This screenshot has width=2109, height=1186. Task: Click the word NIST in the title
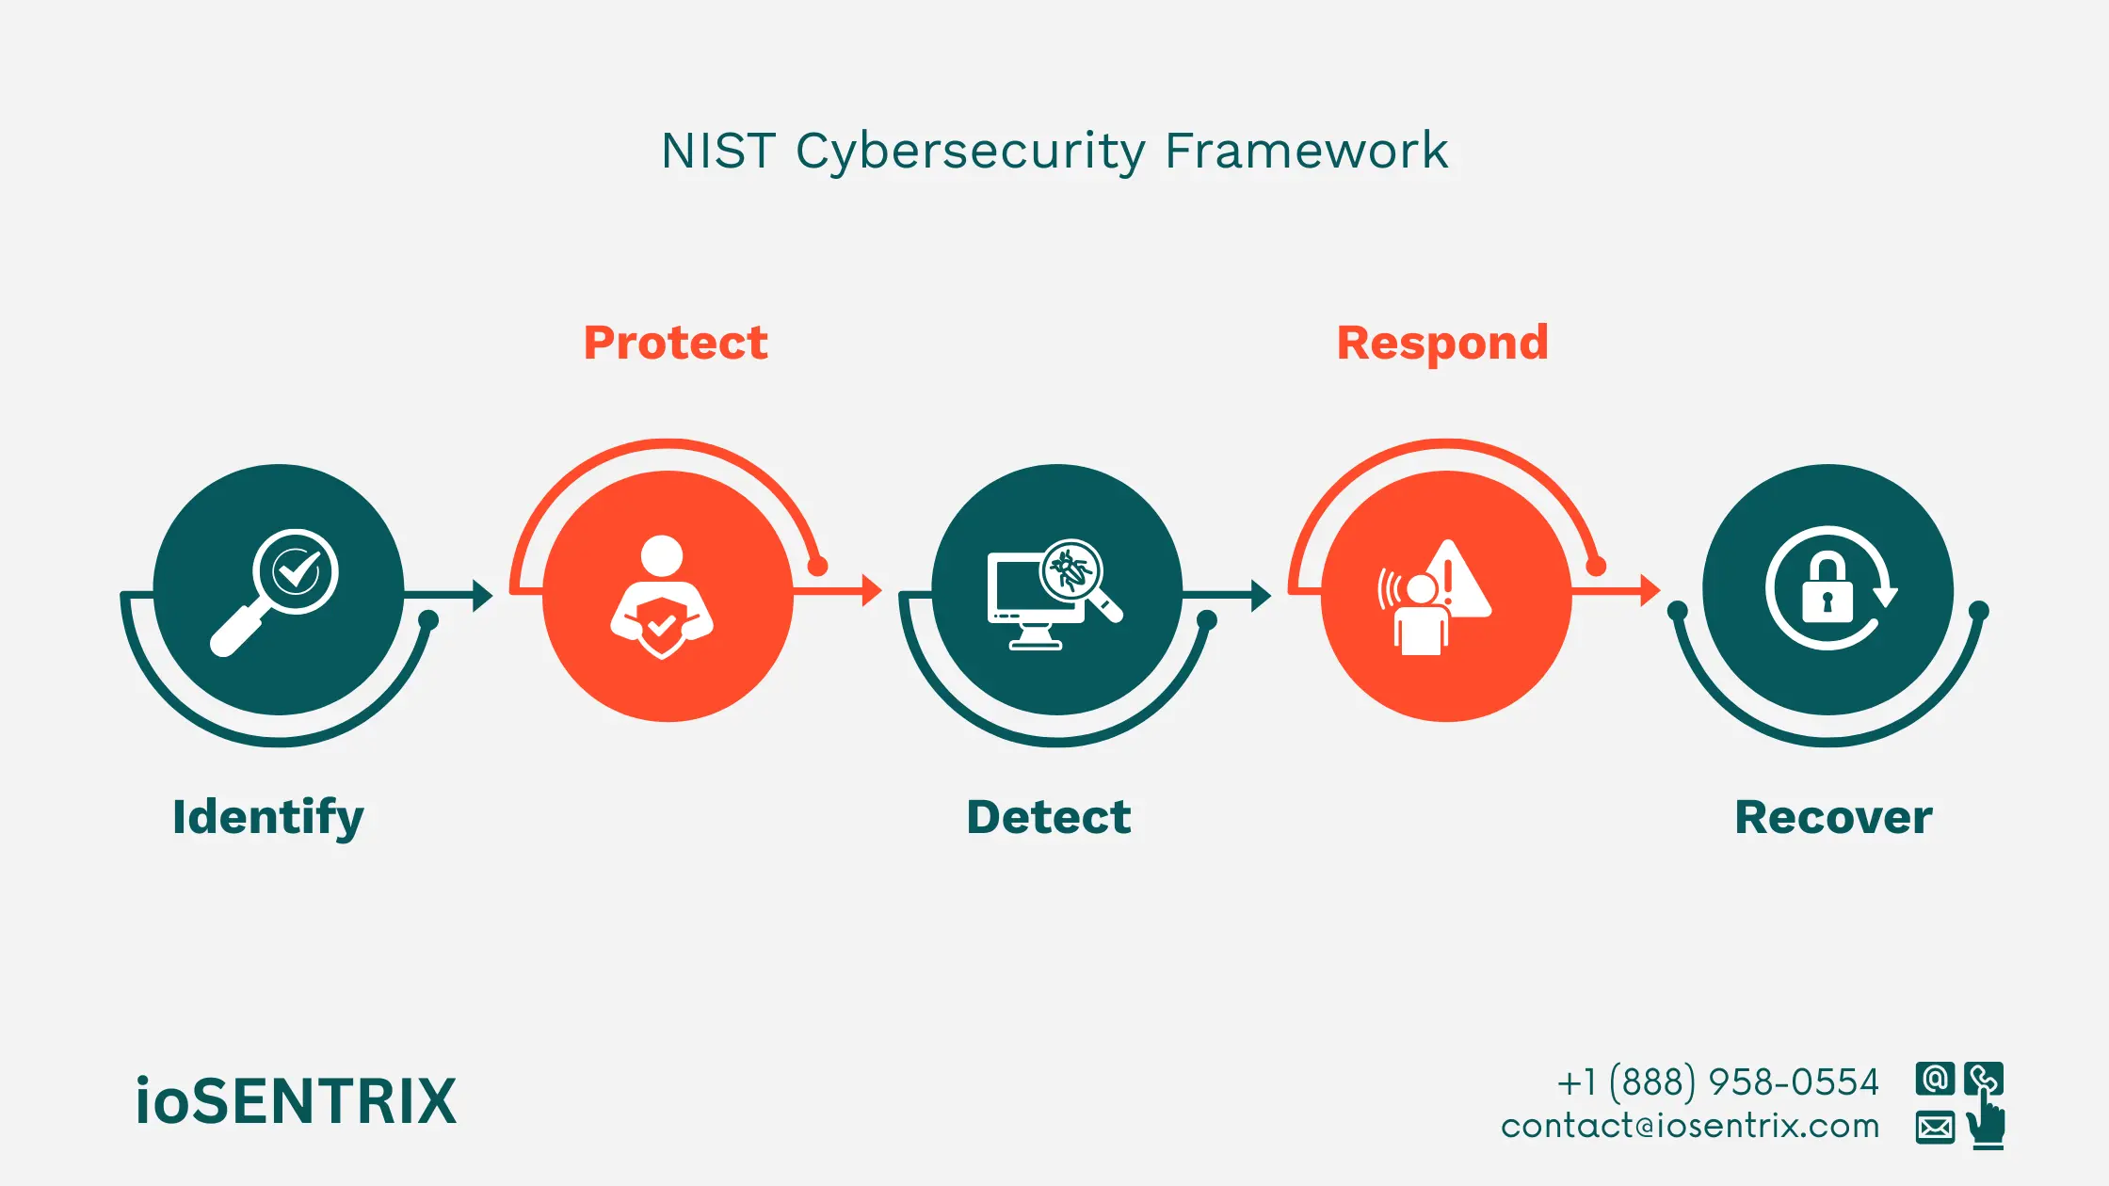pyautogui.click(x=717, y=151)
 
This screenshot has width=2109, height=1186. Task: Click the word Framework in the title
pyautogui.click(x=1306, y=151)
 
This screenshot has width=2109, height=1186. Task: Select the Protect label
pyautogui.click(x=675, y=343)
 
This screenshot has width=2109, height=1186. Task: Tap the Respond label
pyautogui.click(x=1442, y=344)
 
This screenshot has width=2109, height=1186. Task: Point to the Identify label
pyautogui.click(x=267, y=817)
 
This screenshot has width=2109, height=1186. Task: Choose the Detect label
pyautogui.click(x=1049, y=817)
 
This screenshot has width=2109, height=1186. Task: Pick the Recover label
pyautogui.click(x=1833, y=817)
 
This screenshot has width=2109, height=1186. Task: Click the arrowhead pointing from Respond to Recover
pyautogui.click(x=1650, y=590)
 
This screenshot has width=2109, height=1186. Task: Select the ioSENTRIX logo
pyautogui.click(x=296, y=1101)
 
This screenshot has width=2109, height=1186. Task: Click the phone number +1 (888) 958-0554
pyautogui.click(x=1717, y=1082)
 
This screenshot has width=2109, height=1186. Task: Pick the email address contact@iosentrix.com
pyautogui.click(x=1690, y=1126)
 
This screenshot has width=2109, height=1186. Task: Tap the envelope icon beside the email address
pyautogui.click(x=1935, y=1127)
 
